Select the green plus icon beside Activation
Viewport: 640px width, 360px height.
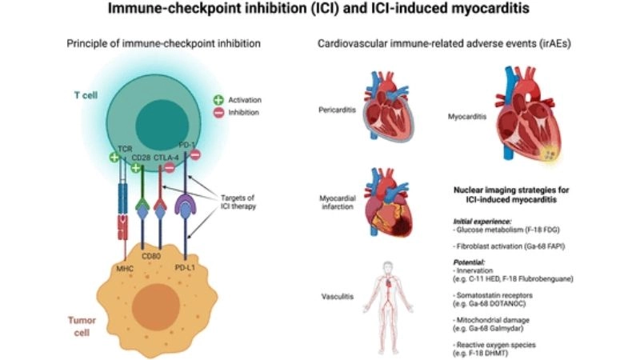click(x=219, y=101)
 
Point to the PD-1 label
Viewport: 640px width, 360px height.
click(x=190, y=144)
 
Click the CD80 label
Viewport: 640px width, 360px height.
click(x=152, y=258)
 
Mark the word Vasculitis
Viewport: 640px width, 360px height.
click(x=335, y=295)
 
